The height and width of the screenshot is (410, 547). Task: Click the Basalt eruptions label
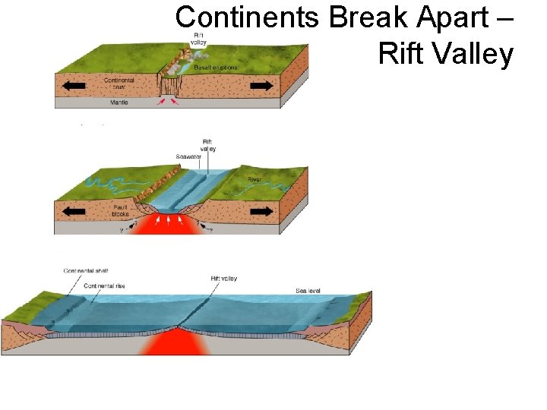[216, 68]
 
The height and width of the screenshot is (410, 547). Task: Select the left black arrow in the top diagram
[74, 87]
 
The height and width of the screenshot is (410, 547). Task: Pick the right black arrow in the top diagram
[261, 87]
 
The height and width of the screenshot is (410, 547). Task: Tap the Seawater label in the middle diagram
[188, 157]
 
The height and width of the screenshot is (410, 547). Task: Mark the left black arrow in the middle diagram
[74, 207]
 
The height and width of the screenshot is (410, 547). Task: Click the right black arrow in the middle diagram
[262, 207]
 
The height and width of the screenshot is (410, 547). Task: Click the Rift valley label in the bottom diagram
[223, 279]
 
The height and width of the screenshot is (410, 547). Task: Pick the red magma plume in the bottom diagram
[176, 342]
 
